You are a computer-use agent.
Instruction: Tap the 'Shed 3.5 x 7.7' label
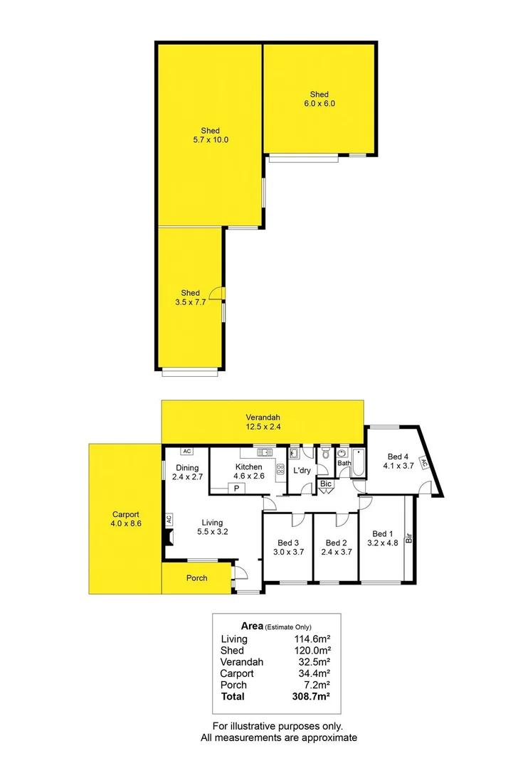click(190, 297)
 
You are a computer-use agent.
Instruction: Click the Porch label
click(197, 578)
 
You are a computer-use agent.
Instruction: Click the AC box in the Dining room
click(186, 451)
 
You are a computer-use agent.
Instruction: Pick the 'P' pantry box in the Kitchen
click(236, 488)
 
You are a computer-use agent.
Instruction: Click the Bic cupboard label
click(326, 484)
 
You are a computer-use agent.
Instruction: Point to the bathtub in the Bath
click(357, 464)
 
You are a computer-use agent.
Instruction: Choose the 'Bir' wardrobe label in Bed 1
click(409, 538)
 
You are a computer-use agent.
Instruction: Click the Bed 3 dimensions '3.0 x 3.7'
click(288, 551)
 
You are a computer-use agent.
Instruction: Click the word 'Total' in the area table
click(233, 696)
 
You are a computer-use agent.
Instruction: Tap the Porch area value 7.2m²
click(319, 685)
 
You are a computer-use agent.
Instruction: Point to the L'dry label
click(301, 470)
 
